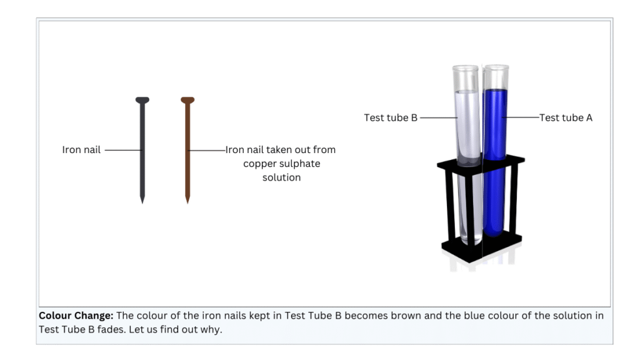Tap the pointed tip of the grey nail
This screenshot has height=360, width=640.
coord(142,201)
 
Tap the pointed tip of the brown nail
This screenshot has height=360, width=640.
coord(187,201)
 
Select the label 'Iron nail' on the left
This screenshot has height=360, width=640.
coord(81,150)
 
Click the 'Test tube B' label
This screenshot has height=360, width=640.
coord(391,117)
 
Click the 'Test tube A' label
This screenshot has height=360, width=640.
coord(566,117)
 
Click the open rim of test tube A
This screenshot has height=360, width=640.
coord(496,66)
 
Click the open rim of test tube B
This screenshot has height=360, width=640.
coord(467,68)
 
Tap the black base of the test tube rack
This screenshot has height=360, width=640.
coord(481,247)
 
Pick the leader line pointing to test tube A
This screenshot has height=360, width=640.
coord(522,117)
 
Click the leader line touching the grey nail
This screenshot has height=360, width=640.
coord(122,150)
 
